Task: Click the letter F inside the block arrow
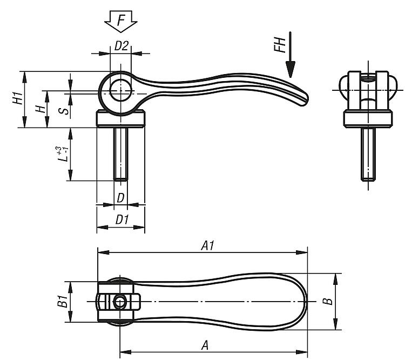point(121,21)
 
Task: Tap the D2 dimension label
point(121,46)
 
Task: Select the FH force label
point(280,45)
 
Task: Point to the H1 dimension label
point(18,98)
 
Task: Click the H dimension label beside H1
point(40,109)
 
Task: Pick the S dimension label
point(64,111)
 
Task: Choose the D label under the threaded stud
point(121,198)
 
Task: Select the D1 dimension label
point(122,220)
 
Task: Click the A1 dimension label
point(208,245)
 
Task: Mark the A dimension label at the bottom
point(205,345)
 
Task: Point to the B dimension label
point(328,301)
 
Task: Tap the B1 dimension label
point(63,301)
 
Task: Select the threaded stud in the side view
point(120,154)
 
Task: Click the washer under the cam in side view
point(120,119)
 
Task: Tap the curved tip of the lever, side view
point(303,99)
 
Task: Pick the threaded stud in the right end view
point(368,154)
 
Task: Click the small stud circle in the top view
point(120,302)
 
